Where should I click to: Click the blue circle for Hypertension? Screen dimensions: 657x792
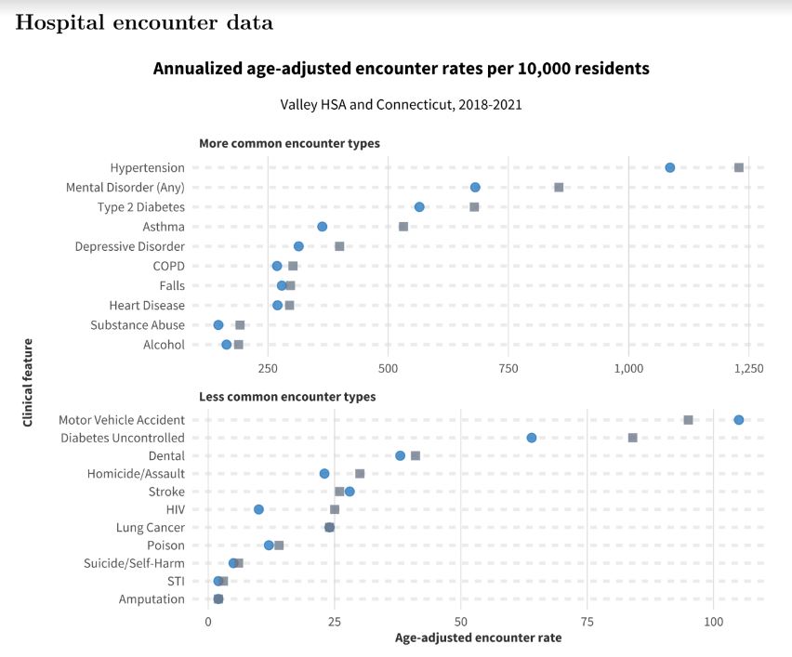(669, 167)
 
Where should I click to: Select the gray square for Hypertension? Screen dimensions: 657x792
(739, 167)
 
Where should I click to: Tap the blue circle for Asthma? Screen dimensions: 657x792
(322, 227)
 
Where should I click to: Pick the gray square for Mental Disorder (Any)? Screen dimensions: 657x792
(559, 187)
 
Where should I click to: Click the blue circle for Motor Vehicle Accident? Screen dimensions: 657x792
(738, 420)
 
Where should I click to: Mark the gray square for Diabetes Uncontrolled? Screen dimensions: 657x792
(632, 438)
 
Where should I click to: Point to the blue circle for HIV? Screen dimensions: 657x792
(258, 509)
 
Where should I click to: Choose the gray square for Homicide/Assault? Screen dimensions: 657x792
(360, 474)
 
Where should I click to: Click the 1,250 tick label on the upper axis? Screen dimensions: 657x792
(748, 368)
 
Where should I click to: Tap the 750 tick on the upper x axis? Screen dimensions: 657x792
(508, 368)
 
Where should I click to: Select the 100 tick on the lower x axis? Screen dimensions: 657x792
(713, 620)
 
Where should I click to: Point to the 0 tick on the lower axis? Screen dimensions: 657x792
(207, 620)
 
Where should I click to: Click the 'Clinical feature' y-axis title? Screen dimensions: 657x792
(28, 383)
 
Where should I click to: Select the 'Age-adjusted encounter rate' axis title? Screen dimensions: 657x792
(478, 638)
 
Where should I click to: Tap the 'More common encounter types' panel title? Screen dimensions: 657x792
(289, 143)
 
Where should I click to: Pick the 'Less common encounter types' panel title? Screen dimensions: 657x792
(287, 397)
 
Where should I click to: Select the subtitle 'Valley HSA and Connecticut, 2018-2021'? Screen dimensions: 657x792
(401, 104)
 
